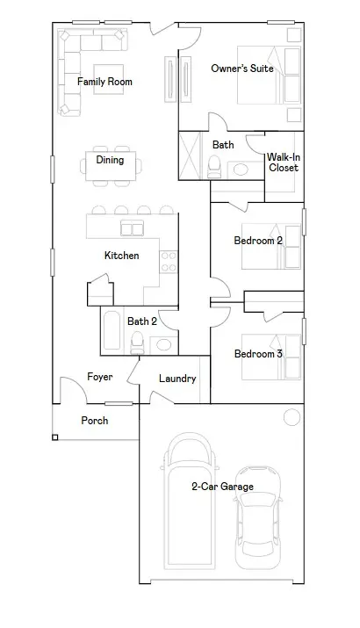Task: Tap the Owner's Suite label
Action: (242, 69)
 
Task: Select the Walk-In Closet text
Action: (284, 162)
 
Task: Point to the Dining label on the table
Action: (110, 161)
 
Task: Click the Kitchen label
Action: (121, 256)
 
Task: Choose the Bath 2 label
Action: (141, 321)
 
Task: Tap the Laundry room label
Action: (176, 379)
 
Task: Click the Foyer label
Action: (98, 377)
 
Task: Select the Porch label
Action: (95, 421)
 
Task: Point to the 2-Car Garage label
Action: (222, 486)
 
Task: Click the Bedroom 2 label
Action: (257, 240)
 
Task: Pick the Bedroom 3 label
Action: (257, 354)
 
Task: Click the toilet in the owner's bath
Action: (213, 167)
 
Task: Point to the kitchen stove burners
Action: (167, 262)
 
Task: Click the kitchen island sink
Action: (132, 229)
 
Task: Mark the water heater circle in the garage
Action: (291, 417)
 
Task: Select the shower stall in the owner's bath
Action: (191, 155)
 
